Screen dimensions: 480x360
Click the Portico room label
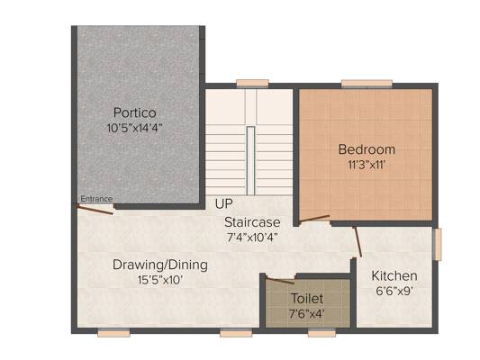coord(135,112)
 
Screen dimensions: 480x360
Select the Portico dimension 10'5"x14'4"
coord(134,128)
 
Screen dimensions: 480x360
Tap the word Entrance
coord(96,199)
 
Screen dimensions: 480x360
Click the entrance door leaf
coord(95,210)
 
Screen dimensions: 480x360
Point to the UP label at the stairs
coord(223,203)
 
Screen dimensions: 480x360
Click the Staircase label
coord(252,222)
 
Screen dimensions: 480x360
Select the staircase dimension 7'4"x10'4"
coord(252,238)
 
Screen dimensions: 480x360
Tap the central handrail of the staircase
coord(250,160)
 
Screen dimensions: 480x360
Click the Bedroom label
coord(367,149)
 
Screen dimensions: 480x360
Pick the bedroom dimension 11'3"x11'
coord(367,166)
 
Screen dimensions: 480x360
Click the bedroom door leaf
coord(314,218)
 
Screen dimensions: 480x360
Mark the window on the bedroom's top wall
coord(367,84)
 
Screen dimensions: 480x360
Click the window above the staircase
coord(252,84)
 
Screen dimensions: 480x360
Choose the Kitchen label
coord(394,276)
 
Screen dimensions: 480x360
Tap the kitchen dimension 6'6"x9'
coord(394,291)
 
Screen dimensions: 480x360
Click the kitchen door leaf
coord(358,242)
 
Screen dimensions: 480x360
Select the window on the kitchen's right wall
coord(438,245)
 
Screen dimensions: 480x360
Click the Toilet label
coord(307,299)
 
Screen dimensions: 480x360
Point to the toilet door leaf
coord(280,280)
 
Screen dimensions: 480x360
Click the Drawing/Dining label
coord(160,265)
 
